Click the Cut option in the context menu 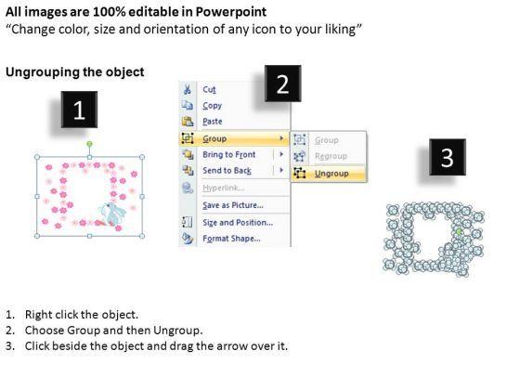pos(209,89)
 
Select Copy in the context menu pos(212,106)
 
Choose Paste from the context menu pos(213,122)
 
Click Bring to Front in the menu pos(228,154)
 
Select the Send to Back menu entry pos(227,171)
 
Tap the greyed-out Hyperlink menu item pos(223,188)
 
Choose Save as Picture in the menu pos(233,205)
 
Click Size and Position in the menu pos(238,223)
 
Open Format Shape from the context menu pos(231,239)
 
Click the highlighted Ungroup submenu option pos(331,174)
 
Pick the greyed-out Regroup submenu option pos(331,156)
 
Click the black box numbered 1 pos(79,110)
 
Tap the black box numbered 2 pos(283,84)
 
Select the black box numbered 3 pos(448,157)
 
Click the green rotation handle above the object pos(89,144)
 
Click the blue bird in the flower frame pos(112,214)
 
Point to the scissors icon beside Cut pos(188,89)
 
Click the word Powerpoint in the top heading pos(231,12)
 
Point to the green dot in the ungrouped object pos(459,232)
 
